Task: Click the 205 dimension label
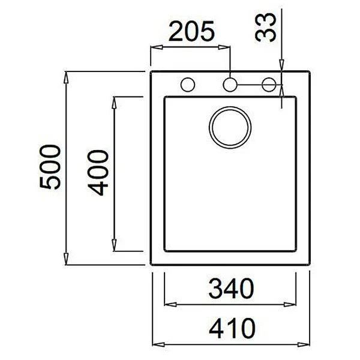pyautogui.click(x=192, y=31)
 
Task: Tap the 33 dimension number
pyautogui.click(x=265, y=27)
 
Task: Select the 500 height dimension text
pyautogui.click(x=50, y=167)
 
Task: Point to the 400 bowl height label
pyautogui.click(x=98, y=173)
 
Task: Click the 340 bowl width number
pyautogui.click(x=231, y=289)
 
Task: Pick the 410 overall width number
pyautogui.click(x=232, y=329)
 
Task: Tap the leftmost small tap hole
pyautogui.click(x=188, y=85)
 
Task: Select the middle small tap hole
pyautogui.click(x=230, y=85)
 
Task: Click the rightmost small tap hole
pyautogui.click(x=269, y=85)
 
